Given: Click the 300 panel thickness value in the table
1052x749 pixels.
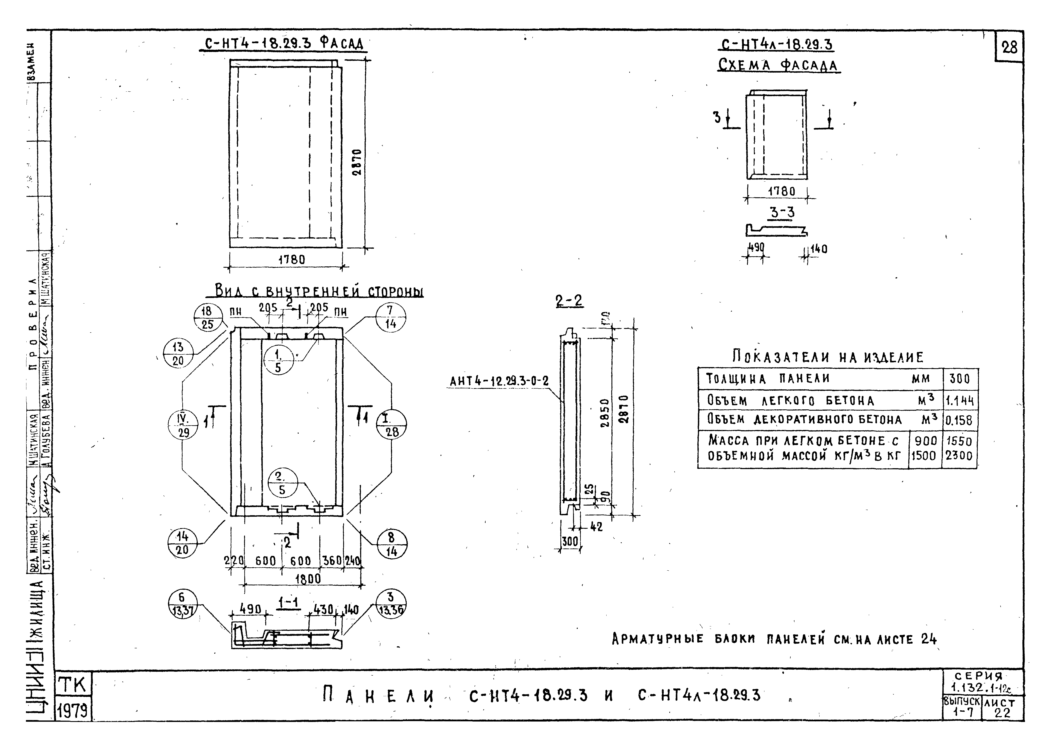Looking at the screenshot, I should click(x=959, y=379).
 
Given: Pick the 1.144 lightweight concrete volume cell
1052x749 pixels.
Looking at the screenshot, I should click(x=959, y=400).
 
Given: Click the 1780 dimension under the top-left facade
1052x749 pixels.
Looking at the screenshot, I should click(x=292, y=260).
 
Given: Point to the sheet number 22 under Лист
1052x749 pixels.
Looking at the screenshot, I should click(x=1002, y=713).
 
